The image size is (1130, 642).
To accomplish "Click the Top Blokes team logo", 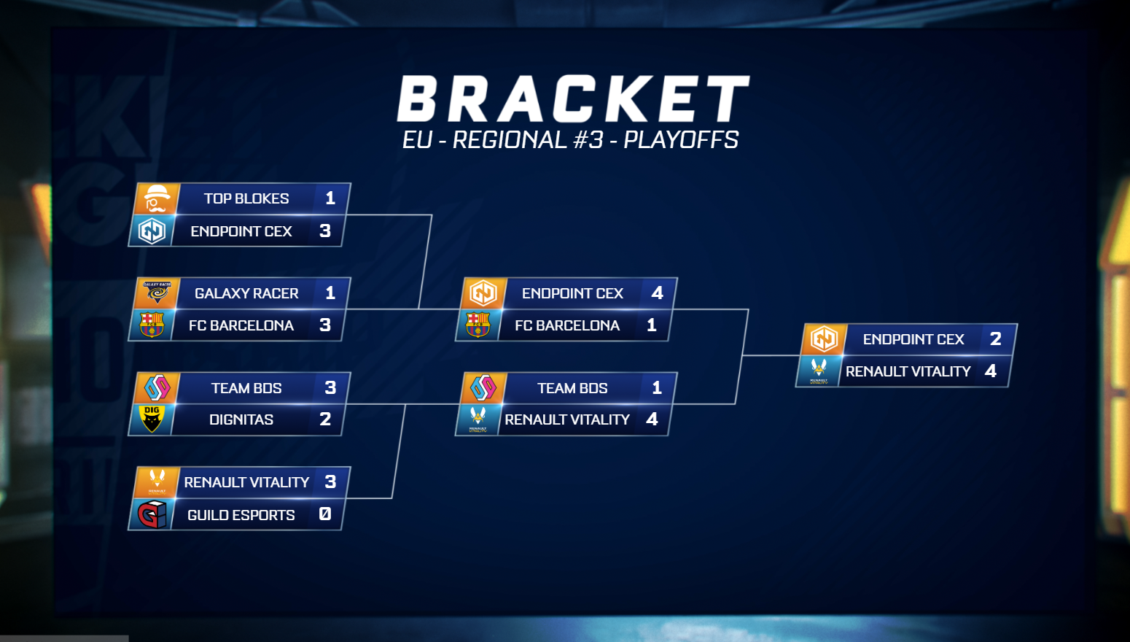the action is pyautogui.click(x=157, y=198).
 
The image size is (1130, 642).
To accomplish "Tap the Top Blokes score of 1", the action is pyautogui.click(x=330, y=198).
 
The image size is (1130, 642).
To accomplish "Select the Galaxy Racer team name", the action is pyautogui.click(x=246, y=293).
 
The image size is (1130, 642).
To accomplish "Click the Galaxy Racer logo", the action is pyautogui.click(x=157, y=293).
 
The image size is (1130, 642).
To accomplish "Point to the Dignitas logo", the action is pyautogui.click(x=152, y=419).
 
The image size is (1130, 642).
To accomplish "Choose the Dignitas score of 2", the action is pyautogui.click(x=325, y=419).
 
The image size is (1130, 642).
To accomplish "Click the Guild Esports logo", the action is pyautogui.click(x=152, y=514).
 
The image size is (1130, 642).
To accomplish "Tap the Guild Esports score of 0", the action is pyautogui.click(x=325, y=514).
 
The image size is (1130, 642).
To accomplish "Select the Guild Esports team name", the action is pyautogui.click(x=241, y=515).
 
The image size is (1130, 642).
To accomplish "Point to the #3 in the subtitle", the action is pyautogui.click(x=589, y=140).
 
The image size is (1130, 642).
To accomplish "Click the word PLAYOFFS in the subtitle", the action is pyautogui.click(x=682, y=140).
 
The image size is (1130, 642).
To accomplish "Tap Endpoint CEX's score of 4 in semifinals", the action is pyautogui.click(x=658, y=293).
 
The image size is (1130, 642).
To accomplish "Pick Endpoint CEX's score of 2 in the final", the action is pyautogui.click(x=996, y=339).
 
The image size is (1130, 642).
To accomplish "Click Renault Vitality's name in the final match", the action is pyautogui.click(x=908, y=371).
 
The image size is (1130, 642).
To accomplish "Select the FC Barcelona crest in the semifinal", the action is pyautogui.click(x=478, y=325).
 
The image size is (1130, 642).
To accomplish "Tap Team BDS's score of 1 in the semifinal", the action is pyautogui.click(x=657, y=387).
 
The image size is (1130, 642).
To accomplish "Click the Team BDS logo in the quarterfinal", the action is pyautogui.click(x=157, y=387).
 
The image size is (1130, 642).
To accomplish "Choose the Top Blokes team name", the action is pyautogui.click(x=246, y=198).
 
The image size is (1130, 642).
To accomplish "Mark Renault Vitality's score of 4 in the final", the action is pyautogui.click(x=991, y=371).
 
